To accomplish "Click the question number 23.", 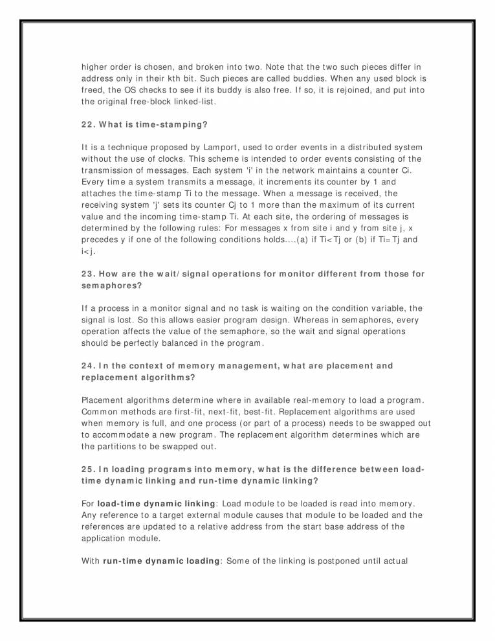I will point(89,274).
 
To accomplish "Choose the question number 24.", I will point(89,366).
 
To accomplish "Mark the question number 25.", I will point(89,469).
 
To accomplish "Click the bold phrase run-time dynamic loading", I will point(160,561).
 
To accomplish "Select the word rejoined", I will point(324,89).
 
